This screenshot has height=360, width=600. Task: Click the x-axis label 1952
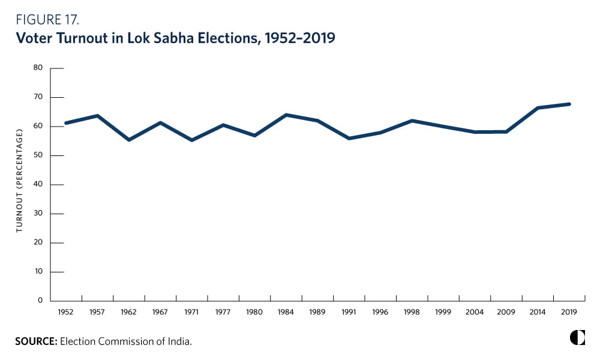66,313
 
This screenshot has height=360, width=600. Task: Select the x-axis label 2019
569,313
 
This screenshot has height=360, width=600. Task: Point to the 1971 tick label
191,313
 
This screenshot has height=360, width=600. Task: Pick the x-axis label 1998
412,313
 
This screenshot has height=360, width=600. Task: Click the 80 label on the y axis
38,68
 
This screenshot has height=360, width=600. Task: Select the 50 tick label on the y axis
38,155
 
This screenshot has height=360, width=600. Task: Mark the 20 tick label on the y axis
38,242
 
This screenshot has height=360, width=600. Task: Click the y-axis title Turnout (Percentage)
19,184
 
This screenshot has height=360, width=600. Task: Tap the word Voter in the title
37,40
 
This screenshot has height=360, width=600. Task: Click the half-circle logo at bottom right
577,337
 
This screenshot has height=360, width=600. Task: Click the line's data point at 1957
97,115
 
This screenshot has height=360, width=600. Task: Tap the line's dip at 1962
129,140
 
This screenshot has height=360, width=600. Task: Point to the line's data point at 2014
538,108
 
